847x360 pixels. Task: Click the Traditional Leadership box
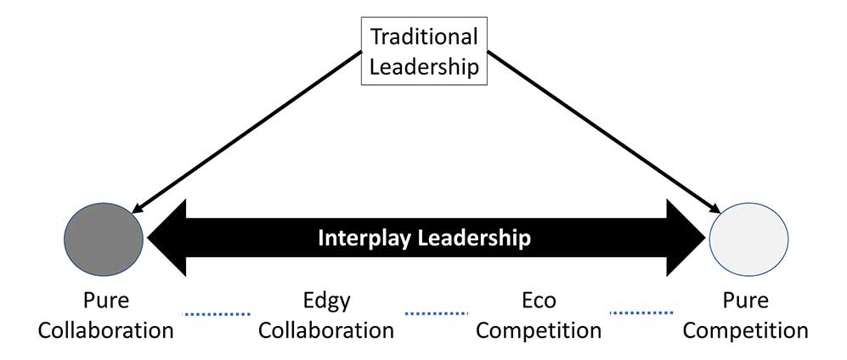point(424,51)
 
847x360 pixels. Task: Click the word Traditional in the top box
point(424,37)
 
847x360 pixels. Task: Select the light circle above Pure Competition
point(748,239)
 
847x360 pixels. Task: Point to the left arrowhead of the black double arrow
point(167,238)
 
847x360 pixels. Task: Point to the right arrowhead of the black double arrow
point(686,238)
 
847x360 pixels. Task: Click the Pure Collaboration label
point(106,316)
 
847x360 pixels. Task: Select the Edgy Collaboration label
point(326,316)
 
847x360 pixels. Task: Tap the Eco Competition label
point(539,316)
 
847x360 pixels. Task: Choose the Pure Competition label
point(745,316)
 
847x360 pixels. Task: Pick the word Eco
point(539,301)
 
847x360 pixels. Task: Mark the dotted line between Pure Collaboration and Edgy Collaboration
point(217,313)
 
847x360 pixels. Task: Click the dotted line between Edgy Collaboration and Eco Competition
point(436,313)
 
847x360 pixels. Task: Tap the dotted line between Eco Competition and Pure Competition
point(641,312)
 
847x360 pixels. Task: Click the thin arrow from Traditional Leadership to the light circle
point(604,131)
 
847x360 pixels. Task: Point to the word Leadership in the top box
point(424,67)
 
